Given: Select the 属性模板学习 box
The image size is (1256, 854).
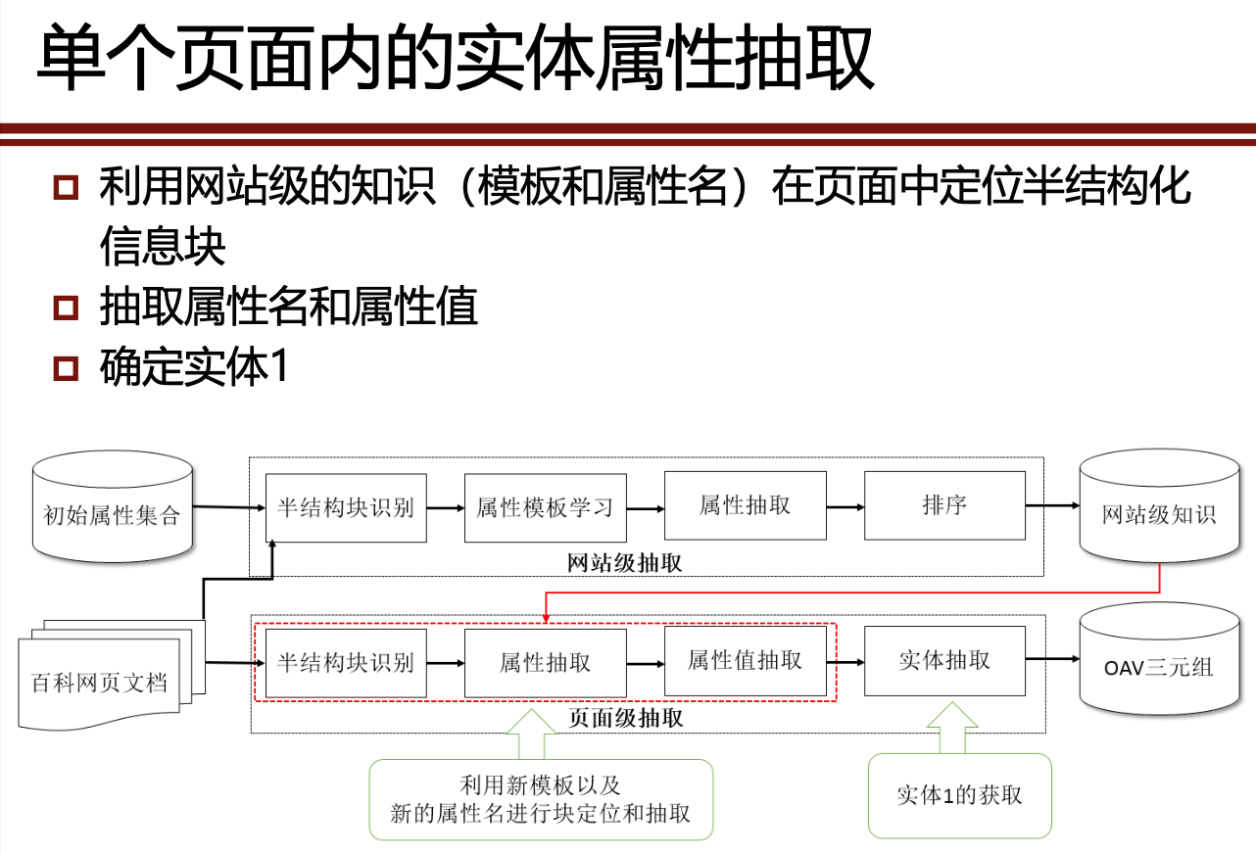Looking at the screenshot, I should coord(545,507).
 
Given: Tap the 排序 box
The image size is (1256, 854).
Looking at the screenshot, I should coord(944,505).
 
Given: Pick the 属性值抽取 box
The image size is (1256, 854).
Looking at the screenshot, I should coord(745,661).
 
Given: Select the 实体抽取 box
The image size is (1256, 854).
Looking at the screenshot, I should coord(944,661).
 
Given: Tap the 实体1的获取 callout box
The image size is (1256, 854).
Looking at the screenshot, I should coord(959,795).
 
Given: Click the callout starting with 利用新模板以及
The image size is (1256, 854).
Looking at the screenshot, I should coord(540,799).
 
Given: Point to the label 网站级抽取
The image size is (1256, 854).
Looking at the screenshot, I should coord(625,564).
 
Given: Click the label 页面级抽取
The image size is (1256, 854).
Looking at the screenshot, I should coord(626,719).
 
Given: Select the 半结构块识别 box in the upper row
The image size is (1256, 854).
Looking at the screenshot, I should coord(346,507).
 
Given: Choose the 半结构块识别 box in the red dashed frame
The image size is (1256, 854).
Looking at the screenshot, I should coord(346,662).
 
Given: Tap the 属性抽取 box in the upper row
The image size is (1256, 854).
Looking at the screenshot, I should coord(745,505).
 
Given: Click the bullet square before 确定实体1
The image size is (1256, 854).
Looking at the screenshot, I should coord(66,369).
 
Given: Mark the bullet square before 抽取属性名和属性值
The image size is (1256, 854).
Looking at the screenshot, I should coord(66,308).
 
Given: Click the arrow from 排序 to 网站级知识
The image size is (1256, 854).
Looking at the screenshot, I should coord(1051,506).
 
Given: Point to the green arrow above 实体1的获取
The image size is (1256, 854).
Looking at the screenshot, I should coord(952,727).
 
